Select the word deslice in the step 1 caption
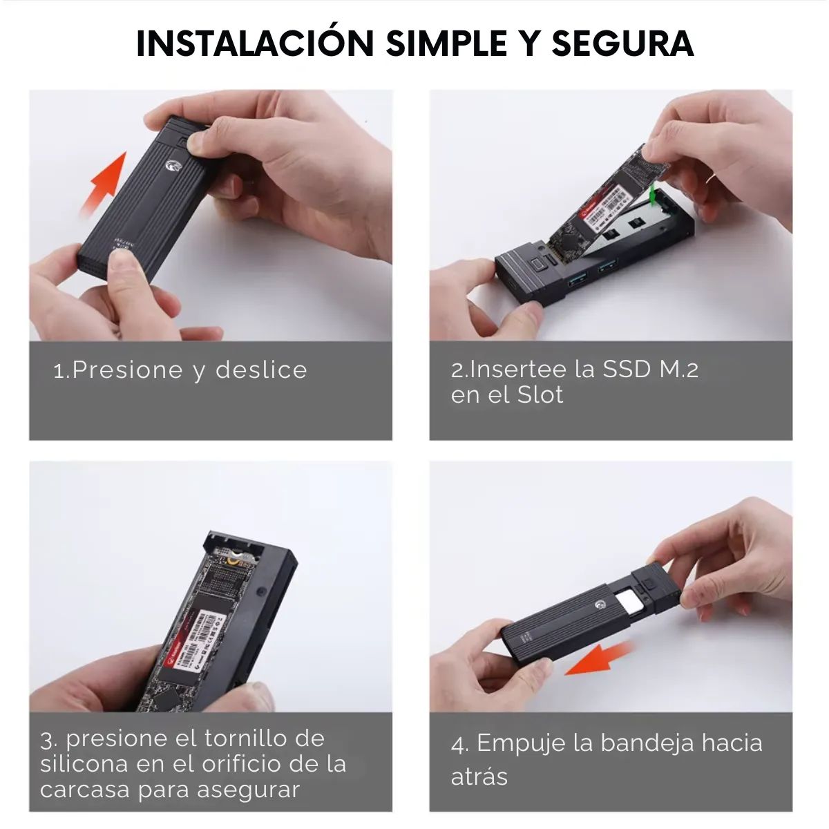[x=261, y=370]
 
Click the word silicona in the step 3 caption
[x=85, y=764]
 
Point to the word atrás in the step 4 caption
[x=479, y=776]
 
